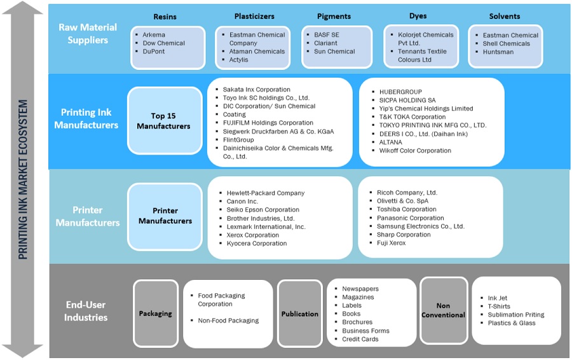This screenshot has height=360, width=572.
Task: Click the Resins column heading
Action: (x=165, y=16)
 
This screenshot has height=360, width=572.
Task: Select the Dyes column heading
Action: (x=418, y=16)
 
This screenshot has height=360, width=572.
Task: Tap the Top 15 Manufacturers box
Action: (x=164, y=121)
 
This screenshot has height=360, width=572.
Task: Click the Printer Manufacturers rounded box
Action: (x=165, y=216)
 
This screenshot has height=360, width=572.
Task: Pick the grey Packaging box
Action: (x=156, y=313)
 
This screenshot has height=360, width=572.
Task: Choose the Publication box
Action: (x=300, y=314)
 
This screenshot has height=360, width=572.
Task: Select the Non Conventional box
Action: (x=443, y=310)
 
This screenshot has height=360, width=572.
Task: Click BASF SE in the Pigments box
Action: (x=327, y=35)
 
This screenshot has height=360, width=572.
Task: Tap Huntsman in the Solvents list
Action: (x=498, y=52)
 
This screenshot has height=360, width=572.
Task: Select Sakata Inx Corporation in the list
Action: (x=256, y=90)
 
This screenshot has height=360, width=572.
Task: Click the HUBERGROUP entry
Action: (x=400, y=92)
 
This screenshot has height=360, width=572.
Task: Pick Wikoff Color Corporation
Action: (x=415, y=151)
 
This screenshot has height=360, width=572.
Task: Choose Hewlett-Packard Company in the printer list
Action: (x=266, y=193)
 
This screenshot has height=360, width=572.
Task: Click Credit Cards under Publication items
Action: (x=360, y=339)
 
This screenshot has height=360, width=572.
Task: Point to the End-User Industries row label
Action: (x=86, y=311)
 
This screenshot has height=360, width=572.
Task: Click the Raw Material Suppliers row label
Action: (x=88, y=34)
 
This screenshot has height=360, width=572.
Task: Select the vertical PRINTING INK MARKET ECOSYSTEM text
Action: (x=23, y=179)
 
